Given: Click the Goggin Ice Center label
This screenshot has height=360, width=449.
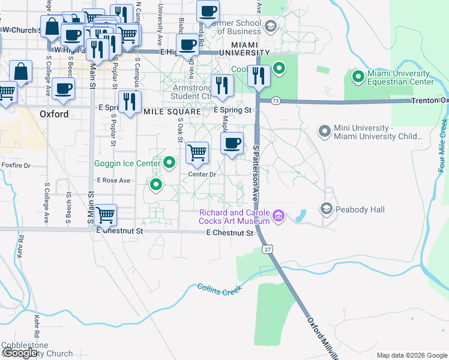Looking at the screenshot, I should tap(127, 163).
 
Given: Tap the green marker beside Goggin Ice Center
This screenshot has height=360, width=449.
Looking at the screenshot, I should tap(170, 162).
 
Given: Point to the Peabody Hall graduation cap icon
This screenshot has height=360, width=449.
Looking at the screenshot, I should tap(327, 208).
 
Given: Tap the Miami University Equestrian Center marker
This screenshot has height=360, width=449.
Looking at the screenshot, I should tap(358, 76).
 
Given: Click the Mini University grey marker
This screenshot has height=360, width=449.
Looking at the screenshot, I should tap(325, 131).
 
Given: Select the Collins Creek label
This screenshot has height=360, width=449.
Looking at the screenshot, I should tap(220, 288).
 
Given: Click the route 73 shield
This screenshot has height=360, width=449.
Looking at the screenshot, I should tap(276, 100).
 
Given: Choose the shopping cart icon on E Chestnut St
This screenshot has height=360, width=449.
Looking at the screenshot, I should tap(105, 215).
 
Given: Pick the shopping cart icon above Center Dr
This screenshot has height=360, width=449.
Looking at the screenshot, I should tap(197, 152).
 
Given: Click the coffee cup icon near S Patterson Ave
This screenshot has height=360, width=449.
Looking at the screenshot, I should tap(232, 143).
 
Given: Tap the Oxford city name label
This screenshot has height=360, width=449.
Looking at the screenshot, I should tap(55, 113).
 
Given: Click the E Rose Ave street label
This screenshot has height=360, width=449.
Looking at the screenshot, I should tap(113, 180).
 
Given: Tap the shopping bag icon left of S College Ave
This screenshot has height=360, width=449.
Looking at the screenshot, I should tap(21, 71).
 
